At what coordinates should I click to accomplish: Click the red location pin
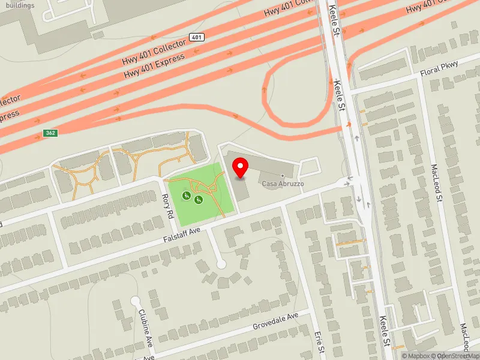pos(241,168)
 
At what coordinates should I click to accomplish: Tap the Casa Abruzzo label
pos(282,184)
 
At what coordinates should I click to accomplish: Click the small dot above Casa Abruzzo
pos(283,176)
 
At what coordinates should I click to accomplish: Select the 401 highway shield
pos(197,37)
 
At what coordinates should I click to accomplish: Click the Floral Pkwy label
pos(439,68)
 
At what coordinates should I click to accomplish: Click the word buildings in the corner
pos(18,5)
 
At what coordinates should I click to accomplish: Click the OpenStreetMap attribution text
pos(458,356)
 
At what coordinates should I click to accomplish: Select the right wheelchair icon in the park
pos(198,200)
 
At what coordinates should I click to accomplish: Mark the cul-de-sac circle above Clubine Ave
pos(136,301)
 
